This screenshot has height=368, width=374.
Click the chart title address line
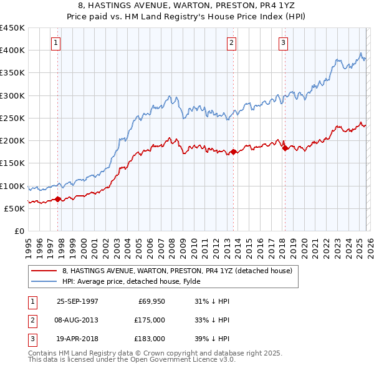coord(187,6)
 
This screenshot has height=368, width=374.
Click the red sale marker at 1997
coord(58,200)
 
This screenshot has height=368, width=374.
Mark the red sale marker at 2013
coord(233,152)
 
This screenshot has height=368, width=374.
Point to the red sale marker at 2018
coord(284,148)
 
